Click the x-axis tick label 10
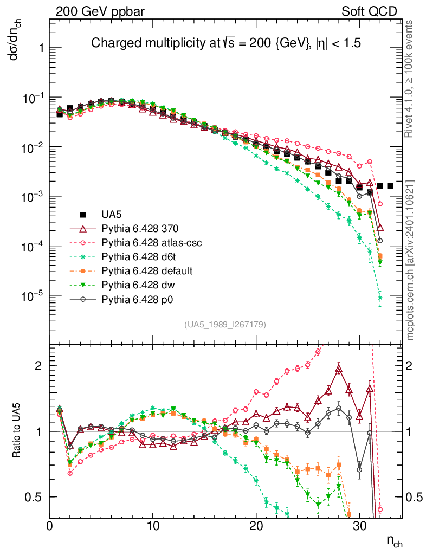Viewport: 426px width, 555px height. click(153, 526)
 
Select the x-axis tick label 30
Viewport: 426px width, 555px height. click(360, 526)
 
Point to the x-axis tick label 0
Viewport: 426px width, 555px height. click(50, 526)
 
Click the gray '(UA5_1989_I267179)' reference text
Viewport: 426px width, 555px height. click(225, 325)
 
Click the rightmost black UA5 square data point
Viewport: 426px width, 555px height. click(390, 186)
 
